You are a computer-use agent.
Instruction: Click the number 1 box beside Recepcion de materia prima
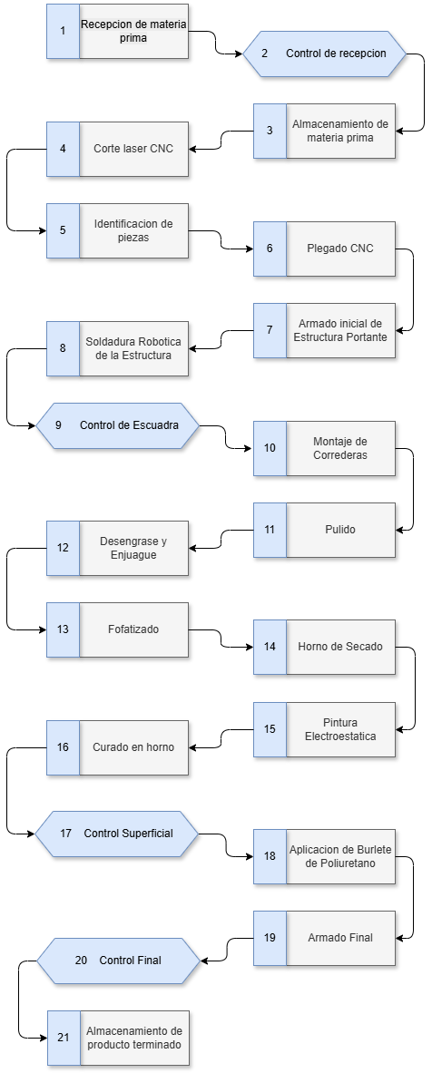tap(63, 32)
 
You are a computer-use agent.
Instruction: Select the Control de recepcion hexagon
tap(325, 54)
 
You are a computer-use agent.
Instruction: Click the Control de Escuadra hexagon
tap(118, 425)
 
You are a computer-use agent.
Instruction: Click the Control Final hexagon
tap(118, 961)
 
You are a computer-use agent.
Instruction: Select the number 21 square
tap(64, 1038)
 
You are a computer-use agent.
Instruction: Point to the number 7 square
tap(270, 330)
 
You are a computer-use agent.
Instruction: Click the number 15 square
tap(270, 729)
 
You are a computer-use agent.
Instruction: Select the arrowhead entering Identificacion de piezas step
tap(43, 230)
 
